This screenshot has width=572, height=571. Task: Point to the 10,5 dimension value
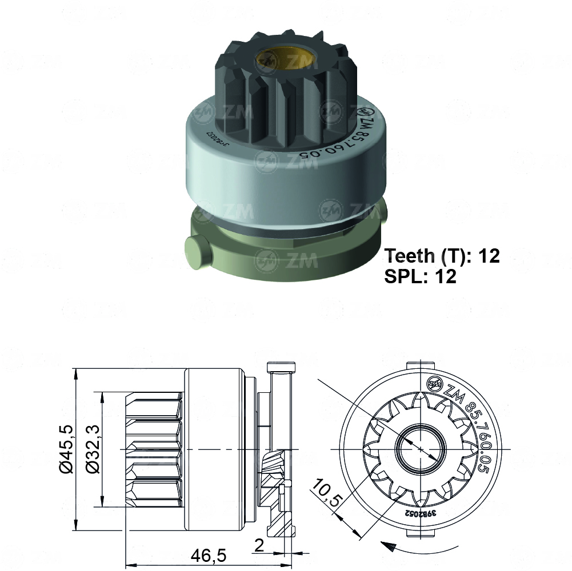326,492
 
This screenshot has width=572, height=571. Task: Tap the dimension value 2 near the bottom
259,546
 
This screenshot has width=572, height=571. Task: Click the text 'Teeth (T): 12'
442,256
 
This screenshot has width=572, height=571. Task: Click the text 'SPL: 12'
421,276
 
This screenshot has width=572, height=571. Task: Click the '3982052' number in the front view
421,513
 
